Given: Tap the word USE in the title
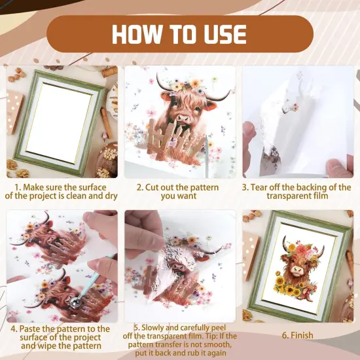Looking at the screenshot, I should click(x=219, y=33).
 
